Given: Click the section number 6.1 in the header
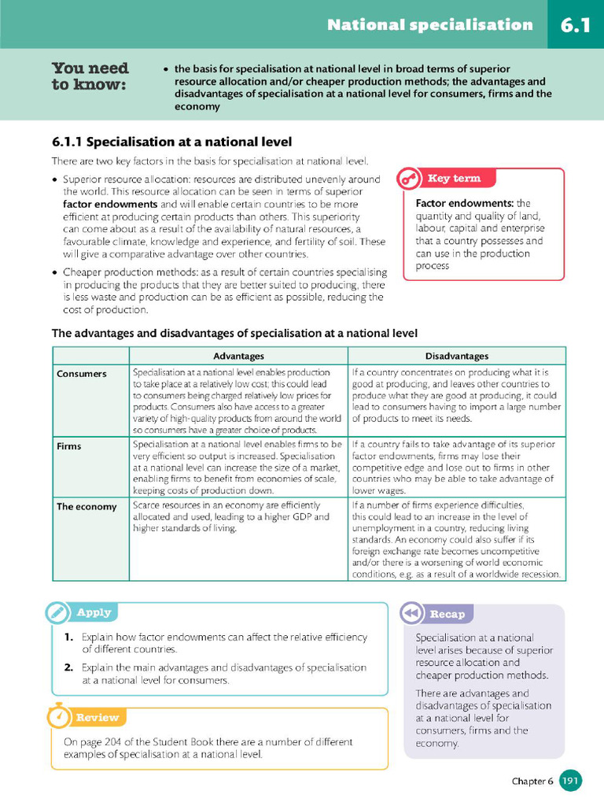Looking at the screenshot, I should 575,25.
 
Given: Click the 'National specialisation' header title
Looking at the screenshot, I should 429,25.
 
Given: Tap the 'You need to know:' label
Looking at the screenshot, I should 90,76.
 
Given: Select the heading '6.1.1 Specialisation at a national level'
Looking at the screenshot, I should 171,142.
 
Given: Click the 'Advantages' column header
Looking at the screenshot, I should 238,357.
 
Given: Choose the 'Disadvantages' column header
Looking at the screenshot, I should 456,357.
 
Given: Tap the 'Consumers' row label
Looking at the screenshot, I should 81,374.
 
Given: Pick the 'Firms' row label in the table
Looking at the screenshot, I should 69,446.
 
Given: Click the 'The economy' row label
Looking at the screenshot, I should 86,507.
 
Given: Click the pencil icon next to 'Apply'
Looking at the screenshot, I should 57,612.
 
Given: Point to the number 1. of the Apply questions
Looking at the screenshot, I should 69,638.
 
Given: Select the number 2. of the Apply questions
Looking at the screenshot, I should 69,667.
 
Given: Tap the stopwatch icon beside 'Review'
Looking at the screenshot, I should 58,716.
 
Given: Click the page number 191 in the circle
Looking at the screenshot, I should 571,781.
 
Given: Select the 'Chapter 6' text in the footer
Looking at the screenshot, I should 532,782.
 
